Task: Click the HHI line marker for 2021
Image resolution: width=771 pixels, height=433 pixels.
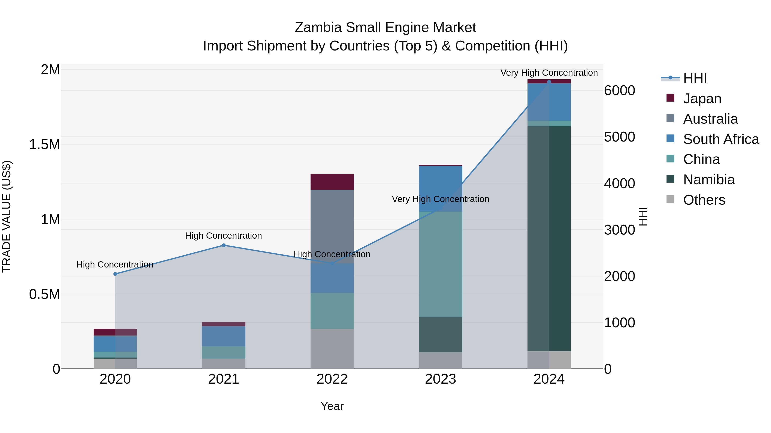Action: pyautogui.click(x=224, y=245)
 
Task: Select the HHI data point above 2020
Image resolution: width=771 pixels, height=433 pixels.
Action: pyautogui.click(x=115, y=274)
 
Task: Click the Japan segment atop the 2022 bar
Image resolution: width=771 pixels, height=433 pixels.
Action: pyautogui.click(x=332, y=182)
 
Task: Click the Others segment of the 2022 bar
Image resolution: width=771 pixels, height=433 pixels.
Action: pyautogui.click(x=332, y=349)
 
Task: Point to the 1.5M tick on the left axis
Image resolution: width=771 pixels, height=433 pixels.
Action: pyautogui.click(x=44, y=145)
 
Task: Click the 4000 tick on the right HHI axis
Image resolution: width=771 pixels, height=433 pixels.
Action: pyautogui.click(x=619, y=183)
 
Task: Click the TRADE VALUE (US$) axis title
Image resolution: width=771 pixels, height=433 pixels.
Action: pyautogui.click(x=7, y=216)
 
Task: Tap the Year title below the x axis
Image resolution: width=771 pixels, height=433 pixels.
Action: pyautogui.click(x=332, y=406)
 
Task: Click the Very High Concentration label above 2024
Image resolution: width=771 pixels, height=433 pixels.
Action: pyautogui.click(x=549, y=73)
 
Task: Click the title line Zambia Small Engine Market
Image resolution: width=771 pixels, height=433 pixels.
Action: pyautogui.click(x=385, y=28)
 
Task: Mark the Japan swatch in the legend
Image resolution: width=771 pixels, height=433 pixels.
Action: pyautogui.click(x=670, y=98)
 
